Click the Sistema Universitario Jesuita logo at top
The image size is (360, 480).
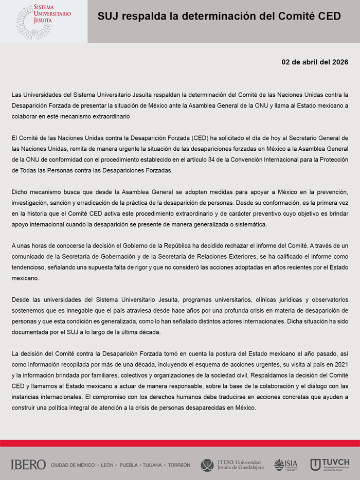click(x=43, y=22)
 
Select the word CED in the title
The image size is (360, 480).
click(x=329, y=16)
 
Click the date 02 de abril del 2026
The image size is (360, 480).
click(x=315, y=62)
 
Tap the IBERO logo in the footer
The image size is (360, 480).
click(x=28, y=465)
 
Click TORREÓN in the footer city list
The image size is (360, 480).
click(x=179, y=465)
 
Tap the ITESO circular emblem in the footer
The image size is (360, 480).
click(x=207, y=465)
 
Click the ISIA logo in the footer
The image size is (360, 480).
click(x=286, y=465)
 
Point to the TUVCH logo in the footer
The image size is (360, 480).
click(x=330, y=465)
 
